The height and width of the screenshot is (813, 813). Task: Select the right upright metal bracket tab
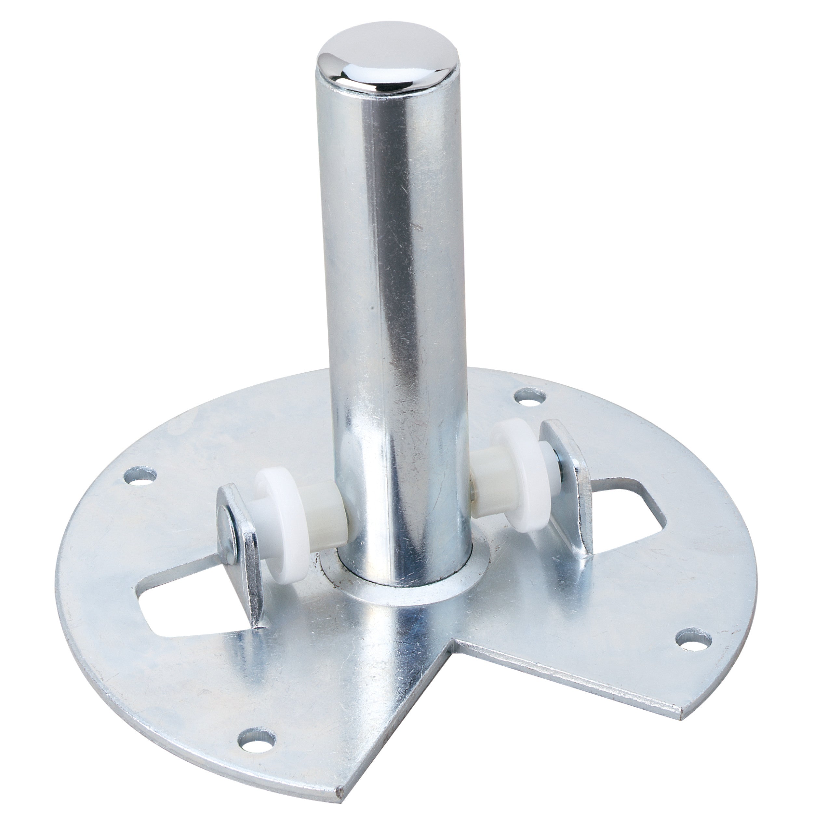[x=572, y=501]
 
